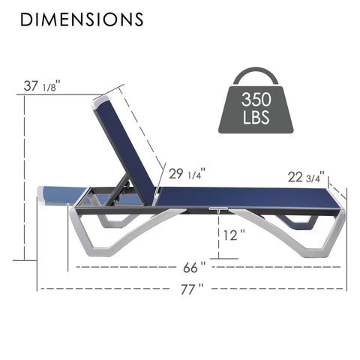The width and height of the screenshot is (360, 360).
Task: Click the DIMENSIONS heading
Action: (x=82, y=19)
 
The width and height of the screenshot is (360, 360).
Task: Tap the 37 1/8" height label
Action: (x=42, y=85)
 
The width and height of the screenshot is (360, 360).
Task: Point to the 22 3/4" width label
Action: (x=305, y=177)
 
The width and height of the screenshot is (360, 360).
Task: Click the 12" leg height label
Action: (x=233, y=235)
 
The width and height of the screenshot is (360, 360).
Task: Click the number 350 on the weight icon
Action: (x=256, y=100)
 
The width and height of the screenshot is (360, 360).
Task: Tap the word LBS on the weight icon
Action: (x=256, y=118)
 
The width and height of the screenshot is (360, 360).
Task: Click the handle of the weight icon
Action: (x=256, y=74)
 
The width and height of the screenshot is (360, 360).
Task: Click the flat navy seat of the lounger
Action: (x=240, y=196)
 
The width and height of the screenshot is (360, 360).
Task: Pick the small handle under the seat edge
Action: (x=218, y=209)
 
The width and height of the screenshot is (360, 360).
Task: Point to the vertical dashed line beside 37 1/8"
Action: (x=25, y=180)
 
